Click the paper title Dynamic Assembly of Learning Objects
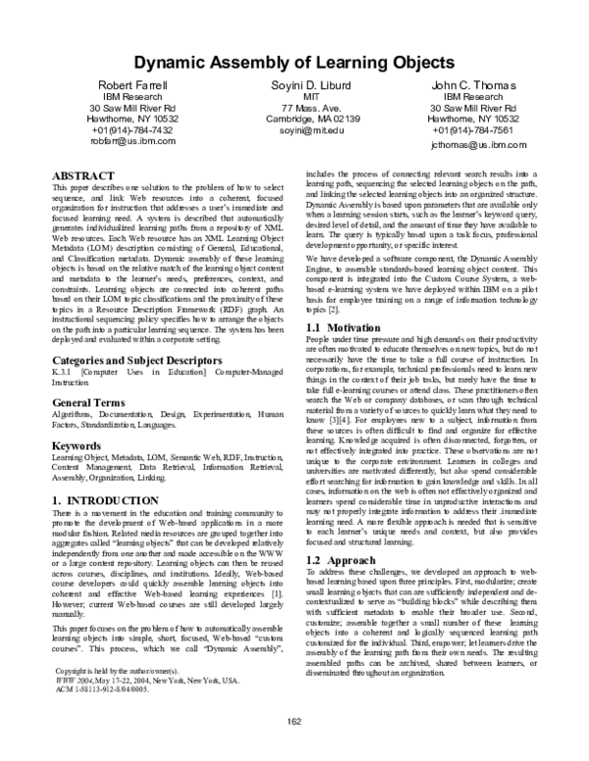pyautogui.click(x=294, y=62)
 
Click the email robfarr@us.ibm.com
pyautogui.click(x=133, y=140)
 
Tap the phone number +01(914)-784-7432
pyautogui.click(x=133, y=129)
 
